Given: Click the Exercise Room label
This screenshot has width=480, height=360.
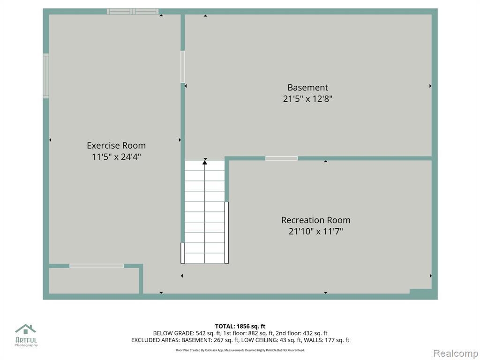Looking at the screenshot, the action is coord(116,145).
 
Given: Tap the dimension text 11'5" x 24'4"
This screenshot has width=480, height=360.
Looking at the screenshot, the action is coord(116,157).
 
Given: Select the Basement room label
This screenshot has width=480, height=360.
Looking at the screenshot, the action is coord(307,88).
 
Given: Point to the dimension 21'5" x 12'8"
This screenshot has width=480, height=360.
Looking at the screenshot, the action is coord(307,99).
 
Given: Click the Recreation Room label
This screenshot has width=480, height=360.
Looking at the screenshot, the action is coord(315,220).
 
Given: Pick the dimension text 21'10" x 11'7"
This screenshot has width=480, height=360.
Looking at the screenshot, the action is coord(315,232).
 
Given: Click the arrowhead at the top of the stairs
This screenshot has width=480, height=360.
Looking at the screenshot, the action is coord(205,162).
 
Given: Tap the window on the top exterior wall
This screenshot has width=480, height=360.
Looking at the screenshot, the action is coord(133,12).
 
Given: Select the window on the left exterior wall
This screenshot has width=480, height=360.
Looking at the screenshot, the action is coord(46,76).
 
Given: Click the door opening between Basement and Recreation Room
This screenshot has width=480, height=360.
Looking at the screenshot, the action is coord(281,158).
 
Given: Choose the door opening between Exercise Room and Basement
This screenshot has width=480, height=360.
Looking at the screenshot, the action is coord(183,67).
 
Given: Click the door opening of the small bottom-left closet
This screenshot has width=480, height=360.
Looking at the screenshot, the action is coord(97,266).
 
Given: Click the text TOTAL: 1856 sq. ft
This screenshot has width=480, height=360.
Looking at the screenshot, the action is coord(240,326).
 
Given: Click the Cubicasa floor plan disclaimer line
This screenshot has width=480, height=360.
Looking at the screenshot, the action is coord(240,350).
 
